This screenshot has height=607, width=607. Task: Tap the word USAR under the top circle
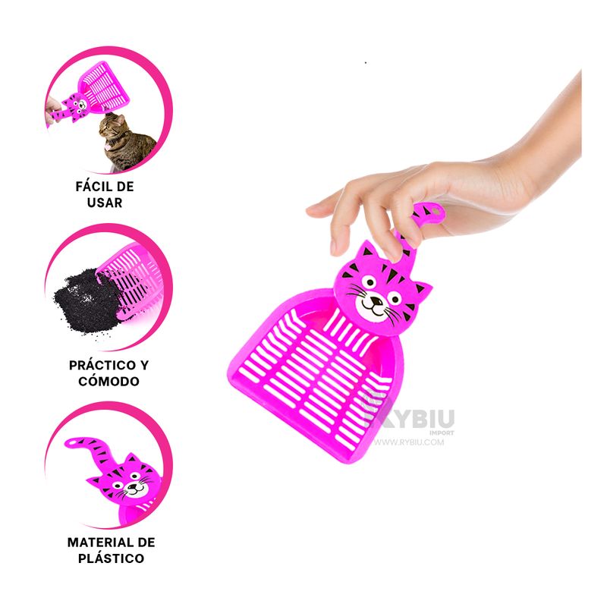[105, 203]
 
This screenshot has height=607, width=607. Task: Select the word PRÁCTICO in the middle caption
[99, 365]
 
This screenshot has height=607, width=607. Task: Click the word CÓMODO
[109, 382]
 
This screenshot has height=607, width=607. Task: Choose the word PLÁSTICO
[111, 558]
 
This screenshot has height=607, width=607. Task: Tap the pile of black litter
[88, 300]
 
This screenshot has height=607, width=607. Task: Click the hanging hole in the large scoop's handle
[436, 212]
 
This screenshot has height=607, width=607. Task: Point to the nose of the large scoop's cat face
[376, 300]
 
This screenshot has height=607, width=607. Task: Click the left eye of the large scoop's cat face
[369, 281]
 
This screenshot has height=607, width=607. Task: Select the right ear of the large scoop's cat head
[421, 291]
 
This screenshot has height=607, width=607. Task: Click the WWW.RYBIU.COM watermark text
[409, 442]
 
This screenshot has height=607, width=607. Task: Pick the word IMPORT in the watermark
[442, 432]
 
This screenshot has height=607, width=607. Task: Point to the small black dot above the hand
[366, 62]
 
